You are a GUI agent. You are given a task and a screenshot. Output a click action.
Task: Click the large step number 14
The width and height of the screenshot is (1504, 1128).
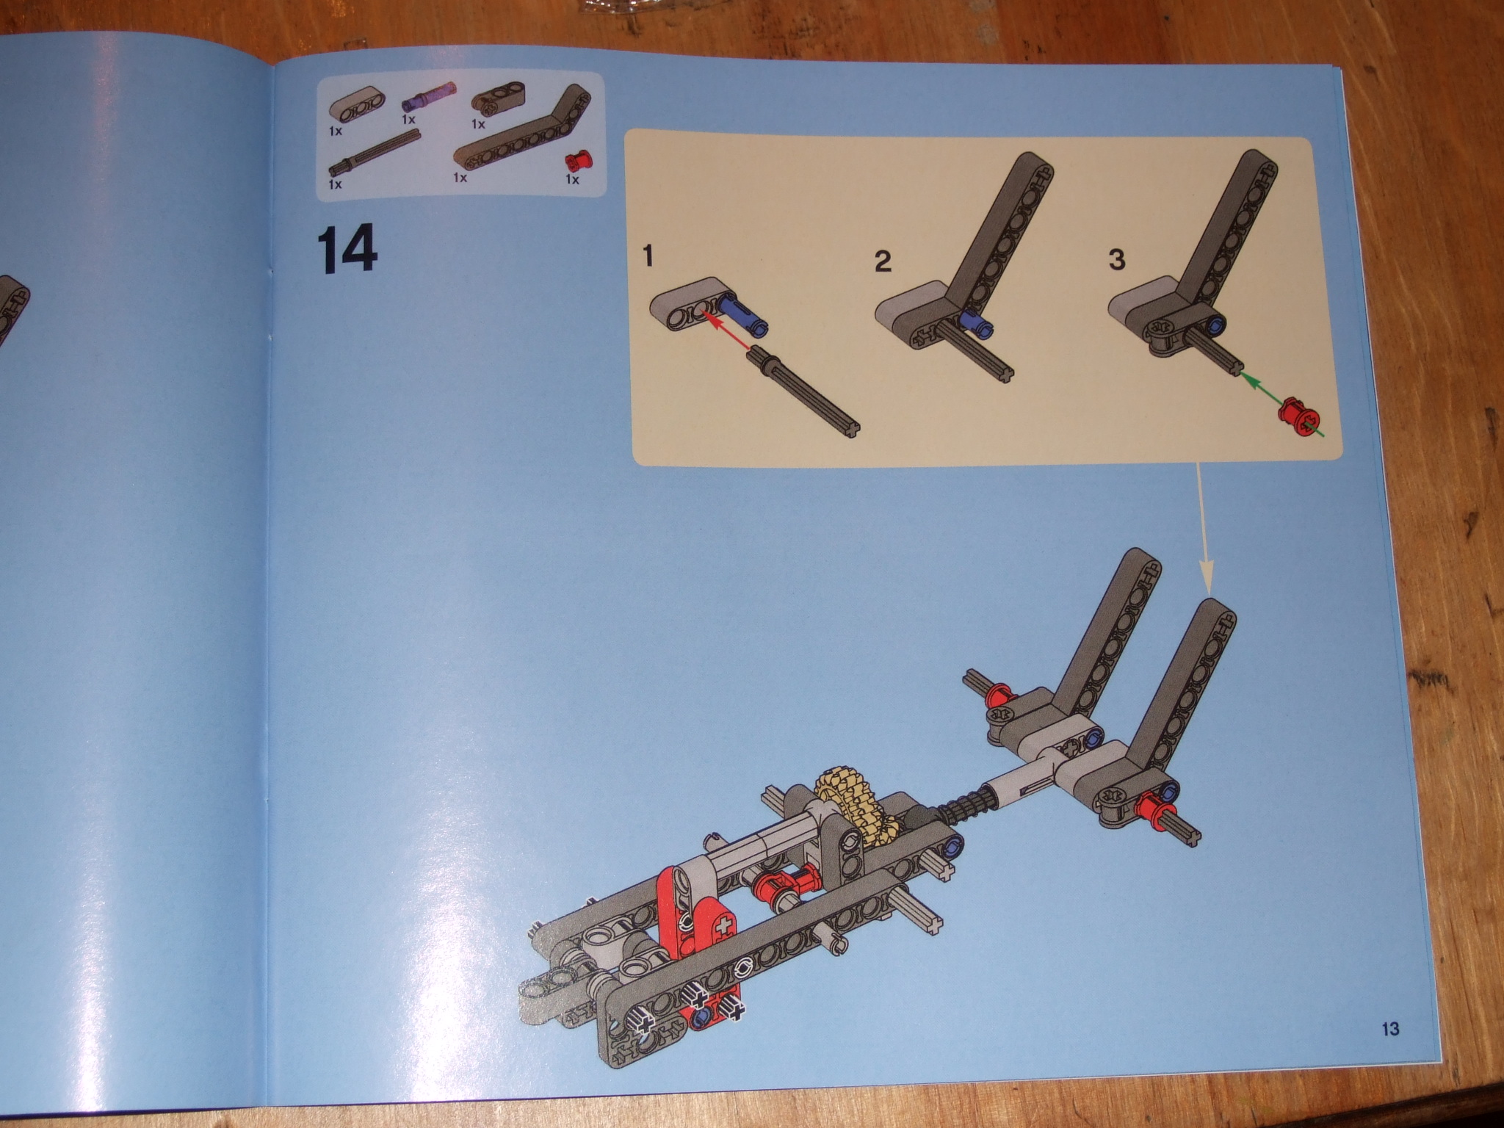347,250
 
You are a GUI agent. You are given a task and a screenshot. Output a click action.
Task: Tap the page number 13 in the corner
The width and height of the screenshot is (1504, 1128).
1389,1029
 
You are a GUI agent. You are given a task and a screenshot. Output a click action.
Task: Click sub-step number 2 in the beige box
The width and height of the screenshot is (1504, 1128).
883,261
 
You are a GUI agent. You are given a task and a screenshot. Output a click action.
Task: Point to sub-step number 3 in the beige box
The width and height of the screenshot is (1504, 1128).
1116,259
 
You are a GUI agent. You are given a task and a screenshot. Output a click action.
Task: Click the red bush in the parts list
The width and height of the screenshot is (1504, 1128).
574,159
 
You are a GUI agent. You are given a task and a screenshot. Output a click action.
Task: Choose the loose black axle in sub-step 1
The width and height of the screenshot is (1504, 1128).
803,394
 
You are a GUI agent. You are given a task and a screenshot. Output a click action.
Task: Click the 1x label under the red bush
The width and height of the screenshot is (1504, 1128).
572,178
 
